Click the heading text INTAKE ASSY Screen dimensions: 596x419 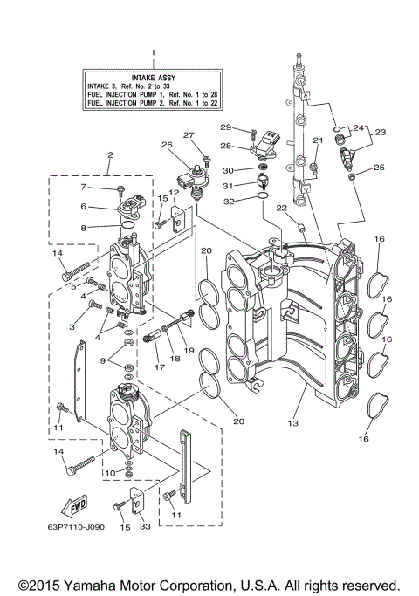154,77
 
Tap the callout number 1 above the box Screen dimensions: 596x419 154,53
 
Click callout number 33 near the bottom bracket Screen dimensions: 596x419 146,526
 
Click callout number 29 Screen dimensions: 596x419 225,128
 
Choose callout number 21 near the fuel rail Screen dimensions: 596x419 319,140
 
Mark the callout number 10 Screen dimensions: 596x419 110,472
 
